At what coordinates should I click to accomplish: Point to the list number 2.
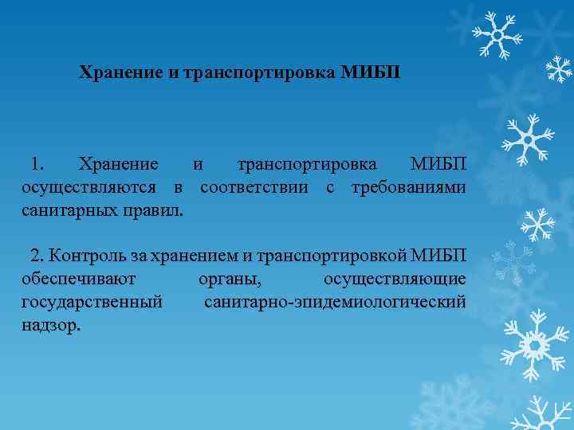pos(37,256)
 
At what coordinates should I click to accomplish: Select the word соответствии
pos(258,188)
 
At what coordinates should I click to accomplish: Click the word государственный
pos(92,303)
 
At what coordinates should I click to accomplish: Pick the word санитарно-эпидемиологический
pos(336,303)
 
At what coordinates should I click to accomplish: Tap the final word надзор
pos(51,326)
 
